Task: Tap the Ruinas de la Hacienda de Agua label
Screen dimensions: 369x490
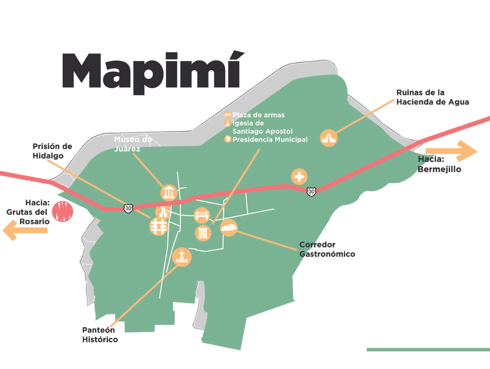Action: (x=432, y=97)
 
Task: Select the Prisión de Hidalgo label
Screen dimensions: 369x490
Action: (x=52, y=151)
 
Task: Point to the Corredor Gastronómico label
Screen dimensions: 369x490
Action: (x=327, y=249)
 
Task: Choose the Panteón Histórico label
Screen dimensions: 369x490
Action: (x=100, y=335)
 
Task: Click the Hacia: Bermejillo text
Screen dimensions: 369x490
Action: (x=439, y=164)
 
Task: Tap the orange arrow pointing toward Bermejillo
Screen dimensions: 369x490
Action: (x=451, y=151)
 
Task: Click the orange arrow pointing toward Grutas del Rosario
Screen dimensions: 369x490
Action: (x=24, y=230)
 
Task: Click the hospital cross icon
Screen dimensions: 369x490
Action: (x=299, y=176)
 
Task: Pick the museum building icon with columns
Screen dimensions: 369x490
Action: (x=169, y=192)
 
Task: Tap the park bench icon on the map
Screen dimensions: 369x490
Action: (x=202, y=215)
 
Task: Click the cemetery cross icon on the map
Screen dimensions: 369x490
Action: (x=182, y=257)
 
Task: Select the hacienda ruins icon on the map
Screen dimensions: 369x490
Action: (x=329, y=138)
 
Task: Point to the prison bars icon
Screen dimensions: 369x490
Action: (x=158, y=226)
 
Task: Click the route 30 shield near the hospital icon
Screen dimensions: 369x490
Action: (x=310, y=191)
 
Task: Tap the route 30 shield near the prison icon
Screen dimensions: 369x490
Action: (x=127, y=208)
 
